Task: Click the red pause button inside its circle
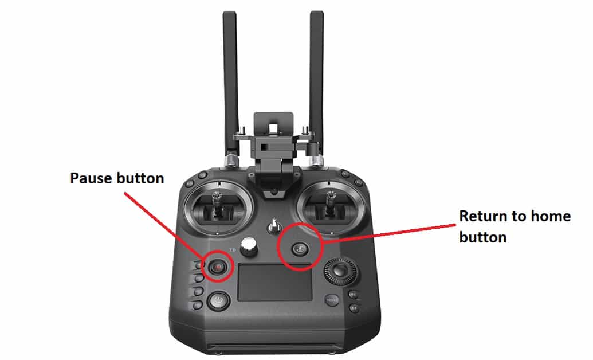tap(217, 267)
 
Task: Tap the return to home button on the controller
tap(300, 248)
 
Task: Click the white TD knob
tap(249, 248)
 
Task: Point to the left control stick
tap(219, 206)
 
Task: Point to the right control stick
tap(330, 206)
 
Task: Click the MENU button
tap(332, 300)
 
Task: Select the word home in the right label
tap(551, 216)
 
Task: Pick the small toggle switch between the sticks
tap(274, 225)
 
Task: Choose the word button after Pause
tap(141, 178)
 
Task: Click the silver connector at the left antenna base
tap(231, 160)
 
